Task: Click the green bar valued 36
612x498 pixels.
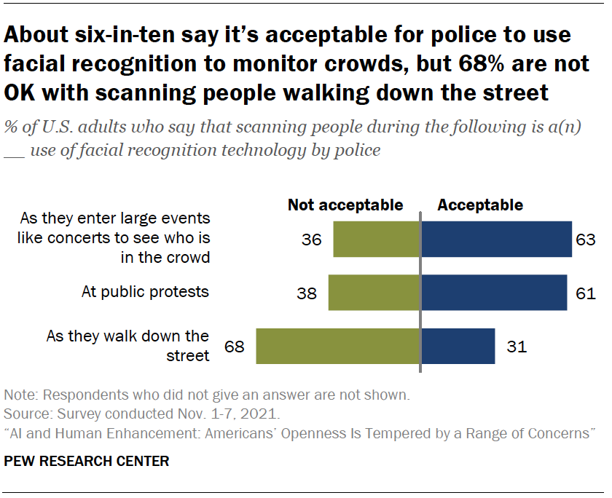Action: [377, 239]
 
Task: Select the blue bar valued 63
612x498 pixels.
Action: [496, 239]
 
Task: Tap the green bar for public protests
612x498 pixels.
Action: [374, 293]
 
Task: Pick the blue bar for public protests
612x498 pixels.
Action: [494, 293]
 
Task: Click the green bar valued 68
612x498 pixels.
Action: [338, 346]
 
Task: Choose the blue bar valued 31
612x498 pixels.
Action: [458, 346]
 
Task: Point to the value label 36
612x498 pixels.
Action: [312, 240]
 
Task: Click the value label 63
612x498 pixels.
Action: [586, 240]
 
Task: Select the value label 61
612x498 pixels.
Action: [586, 293]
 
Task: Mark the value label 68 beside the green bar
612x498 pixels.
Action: [235, 347]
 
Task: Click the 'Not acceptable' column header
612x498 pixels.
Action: [345, 205]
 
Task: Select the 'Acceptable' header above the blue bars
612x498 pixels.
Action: [480, 205]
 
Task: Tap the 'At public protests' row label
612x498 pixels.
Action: [145, 292]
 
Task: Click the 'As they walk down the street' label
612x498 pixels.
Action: [128, 346]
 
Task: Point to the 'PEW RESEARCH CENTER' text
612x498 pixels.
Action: [87, 461]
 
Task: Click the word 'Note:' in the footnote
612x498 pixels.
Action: [20, 397]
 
